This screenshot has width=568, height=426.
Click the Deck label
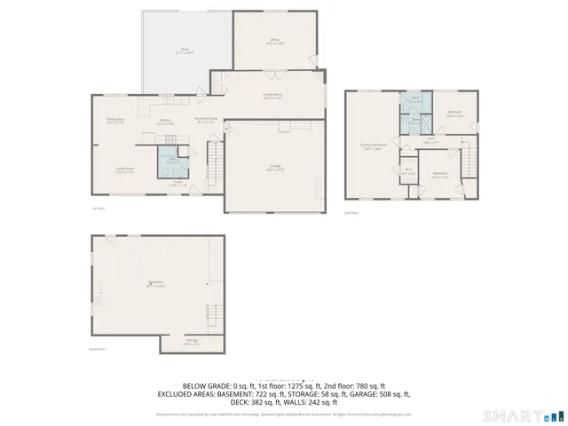pyautogui.click(x=185, y=51)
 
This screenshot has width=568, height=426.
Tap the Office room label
pyautogui.click(x=275, y=41)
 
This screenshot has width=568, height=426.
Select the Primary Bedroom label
pyautogui.click(x=373, y=147)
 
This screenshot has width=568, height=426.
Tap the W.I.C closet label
pyautogui.click(x=409, y=170)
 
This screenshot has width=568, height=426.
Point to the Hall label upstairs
pyautogui.click(x=430, y=139)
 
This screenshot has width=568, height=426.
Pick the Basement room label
pyautogui.click(x=156, y=285)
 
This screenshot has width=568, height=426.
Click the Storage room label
pyautogui.click(x=192, y=342)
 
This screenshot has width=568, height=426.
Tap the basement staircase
pyautogui.click(x=213, y=313)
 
